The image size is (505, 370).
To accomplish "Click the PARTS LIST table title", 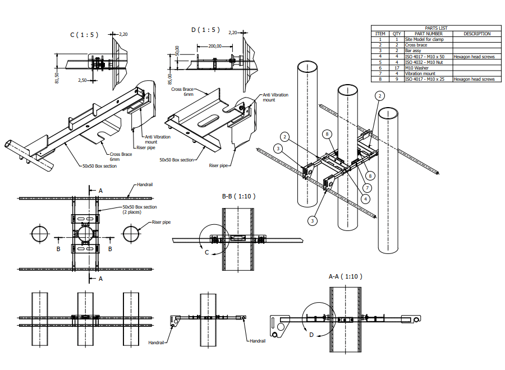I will pyautogui.click(x=435, y=28).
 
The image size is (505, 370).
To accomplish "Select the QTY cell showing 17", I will pyautogui.click(x=397, y=68).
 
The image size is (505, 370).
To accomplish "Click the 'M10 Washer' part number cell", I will pyautogui.click(x=416, y=68).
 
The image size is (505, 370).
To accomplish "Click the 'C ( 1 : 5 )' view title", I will pyautogui.click(x=84, y=35).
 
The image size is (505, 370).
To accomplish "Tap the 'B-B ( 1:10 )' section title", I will pyautogui.click(x=239, y=196).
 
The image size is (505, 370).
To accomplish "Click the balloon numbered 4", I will pyautogui.click(x=365, y=198).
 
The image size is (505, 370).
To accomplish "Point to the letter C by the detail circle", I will pyautogui.click(x=206, y=253).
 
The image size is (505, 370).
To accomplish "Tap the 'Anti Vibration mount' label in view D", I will pyautogui.click(x=276, y=97).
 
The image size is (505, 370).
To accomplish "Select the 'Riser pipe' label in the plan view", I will pyautogui.click(x=161, y=222).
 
